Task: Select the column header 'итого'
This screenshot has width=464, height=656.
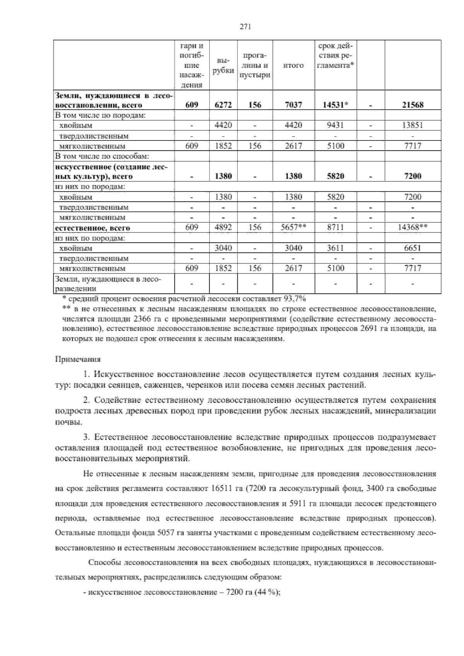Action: pyautogui.click(x=293, y=65)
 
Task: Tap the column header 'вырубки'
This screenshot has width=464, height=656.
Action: pyautogui.click(x=223, y=65)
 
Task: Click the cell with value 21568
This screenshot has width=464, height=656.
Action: pyautogui.click(x=413, y=105)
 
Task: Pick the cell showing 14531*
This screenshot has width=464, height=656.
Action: pyautogui.click(x=335, y=105)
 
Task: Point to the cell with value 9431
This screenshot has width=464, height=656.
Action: pyautogui.click(x=335, y=125)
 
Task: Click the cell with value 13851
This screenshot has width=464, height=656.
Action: pyautogui.click(x=413, y=125)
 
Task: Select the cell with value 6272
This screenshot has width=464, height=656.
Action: pyautogui.click(x=223, y=105)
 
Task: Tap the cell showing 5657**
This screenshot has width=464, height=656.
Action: pyautogui.click(x=293, y=228)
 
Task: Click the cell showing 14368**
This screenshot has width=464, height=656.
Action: pyautogui.click(x=413, y=228)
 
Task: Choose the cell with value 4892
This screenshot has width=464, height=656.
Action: pyautogui.click(x=223, y=228)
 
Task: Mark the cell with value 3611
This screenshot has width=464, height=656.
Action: pyautogui.click(x=335, y=248)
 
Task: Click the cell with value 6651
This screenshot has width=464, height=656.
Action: pyautogui.click(x=413, y=248)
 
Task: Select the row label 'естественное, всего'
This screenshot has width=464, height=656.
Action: pyautogui.click(x=93, y=228)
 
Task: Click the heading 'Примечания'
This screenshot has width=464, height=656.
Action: pyautogui.click(x=78, y=359)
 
